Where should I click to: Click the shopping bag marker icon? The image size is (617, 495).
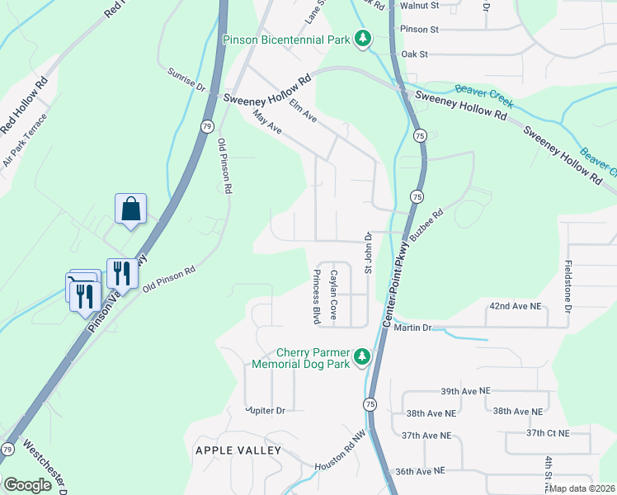[131, 209]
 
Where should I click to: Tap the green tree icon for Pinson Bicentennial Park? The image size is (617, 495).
[361, 39]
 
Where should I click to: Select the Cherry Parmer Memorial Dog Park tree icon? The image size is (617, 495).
[361, 356]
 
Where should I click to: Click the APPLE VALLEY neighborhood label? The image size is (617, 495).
[238, 450]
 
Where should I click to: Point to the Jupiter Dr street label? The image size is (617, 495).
[265, 410]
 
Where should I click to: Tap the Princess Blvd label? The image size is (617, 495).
[315, 296]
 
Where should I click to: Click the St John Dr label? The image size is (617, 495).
[369, 253]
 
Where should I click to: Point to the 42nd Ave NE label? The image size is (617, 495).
[515, 306]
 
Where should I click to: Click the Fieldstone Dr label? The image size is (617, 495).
[568, 287]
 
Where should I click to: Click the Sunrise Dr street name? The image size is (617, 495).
[186, 79]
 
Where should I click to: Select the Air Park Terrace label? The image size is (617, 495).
[25, 140]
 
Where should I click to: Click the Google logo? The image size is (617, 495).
[27, 484]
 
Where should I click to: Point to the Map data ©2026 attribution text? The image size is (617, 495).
[581, 488]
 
